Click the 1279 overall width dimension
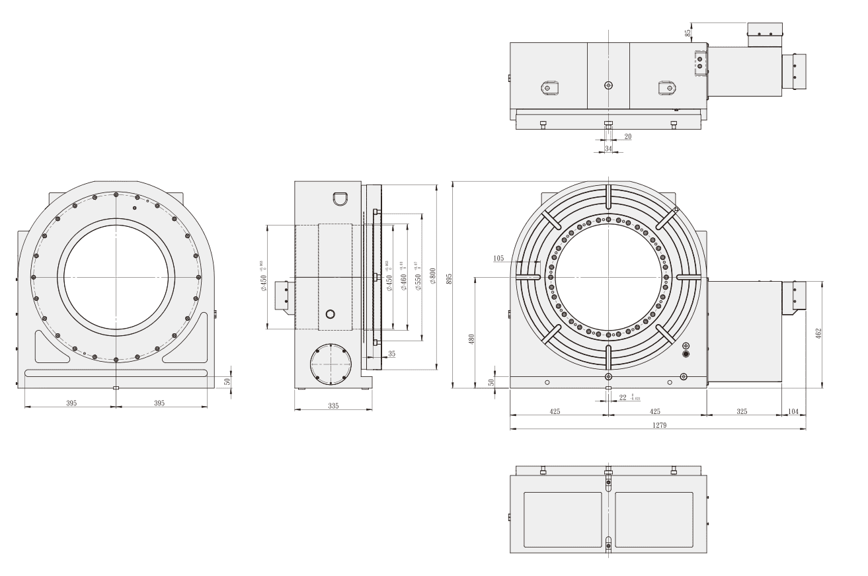[658, 425]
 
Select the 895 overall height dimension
[449, 279]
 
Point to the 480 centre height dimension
[472, 339]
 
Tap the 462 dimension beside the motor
[818, 334]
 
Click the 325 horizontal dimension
[742, 411]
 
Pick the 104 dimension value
[793, 411]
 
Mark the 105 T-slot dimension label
[498, 257]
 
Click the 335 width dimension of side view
[333, 405]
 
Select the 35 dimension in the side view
[391, 354]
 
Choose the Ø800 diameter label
[432, 275]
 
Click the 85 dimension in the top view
[688, 31]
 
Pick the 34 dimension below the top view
[608, 149]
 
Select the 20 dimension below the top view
[627, 136]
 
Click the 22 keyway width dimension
[623, 397]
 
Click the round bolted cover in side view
[329, 364]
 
